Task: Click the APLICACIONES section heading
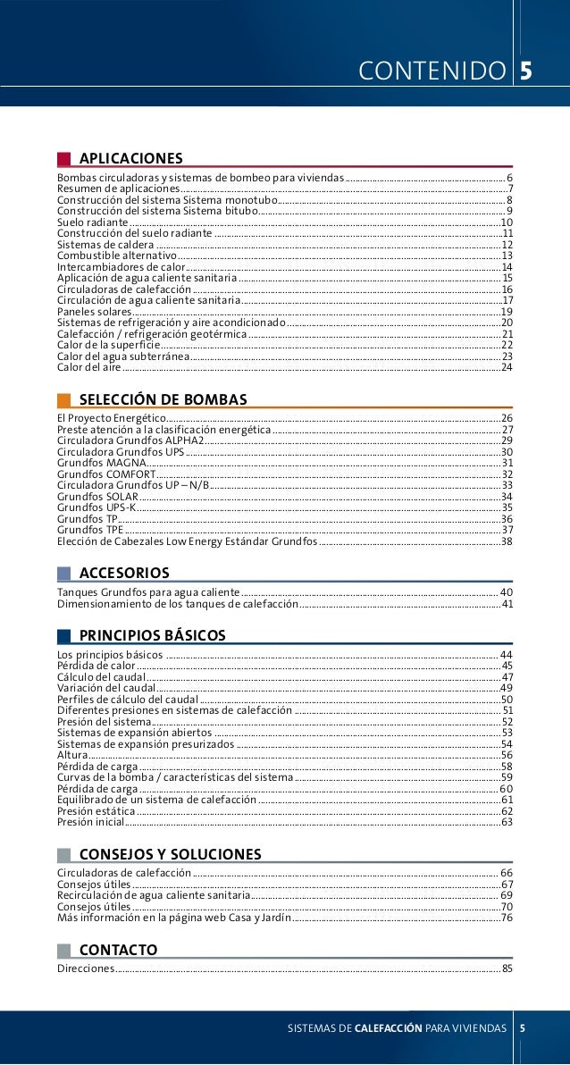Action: point(130,158)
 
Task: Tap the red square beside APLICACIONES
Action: point(63,159)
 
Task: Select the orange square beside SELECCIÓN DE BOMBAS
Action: point(63,399)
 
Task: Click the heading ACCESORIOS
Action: point(124,572)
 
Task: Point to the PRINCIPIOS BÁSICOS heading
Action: point(152,635)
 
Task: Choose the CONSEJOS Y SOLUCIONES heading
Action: point(170,854)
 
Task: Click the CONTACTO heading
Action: point(118,949)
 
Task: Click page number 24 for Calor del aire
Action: point(507,367)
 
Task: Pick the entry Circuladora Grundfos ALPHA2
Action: point(130,440)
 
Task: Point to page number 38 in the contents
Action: point(507,541)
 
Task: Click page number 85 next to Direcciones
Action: point(507,969)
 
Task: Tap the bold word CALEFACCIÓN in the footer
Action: point(388,1028)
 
